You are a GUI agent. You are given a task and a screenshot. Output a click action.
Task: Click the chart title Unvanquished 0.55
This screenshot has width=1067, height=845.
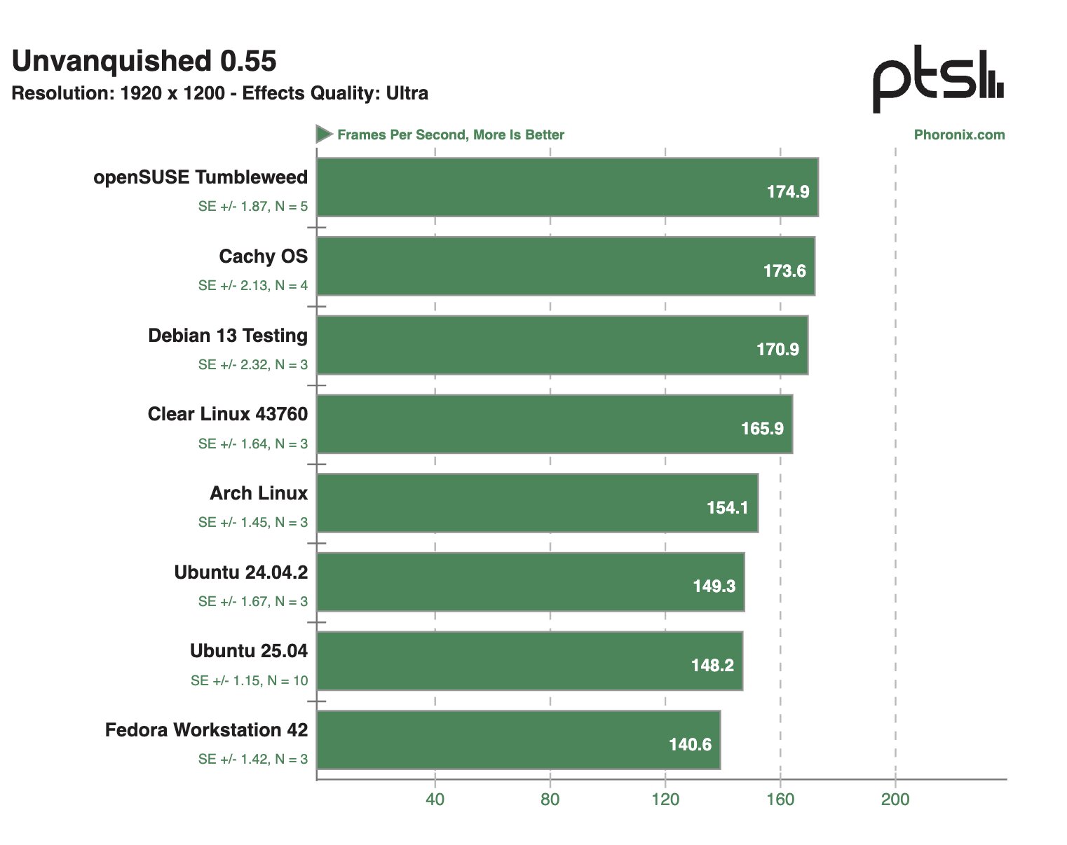144,62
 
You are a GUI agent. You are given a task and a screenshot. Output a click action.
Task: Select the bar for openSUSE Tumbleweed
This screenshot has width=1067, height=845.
566,187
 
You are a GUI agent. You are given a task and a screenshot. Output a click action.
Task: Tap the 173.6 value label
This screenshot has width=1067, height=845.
784,271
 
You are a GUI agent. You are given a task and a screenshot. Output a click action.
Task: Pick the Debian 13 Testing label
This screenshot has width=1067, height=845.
228,336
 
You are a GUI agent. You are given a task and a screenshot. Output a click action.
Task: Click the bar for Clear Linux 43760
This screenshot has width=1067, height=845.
554,424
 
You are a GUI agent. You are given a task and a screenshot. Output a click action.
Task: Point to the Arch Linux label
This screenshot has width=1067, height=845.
259,493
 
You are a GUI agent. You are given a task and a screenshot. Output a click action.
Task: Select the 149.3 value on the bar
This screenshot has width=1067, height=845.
714,586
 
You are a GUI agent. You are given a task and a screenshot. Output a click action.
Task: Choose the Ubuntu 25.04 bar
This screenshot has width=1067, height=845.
529,661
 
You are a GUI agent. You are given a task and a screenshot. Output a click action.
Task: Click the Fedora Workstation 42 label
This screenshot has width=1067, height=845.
207,730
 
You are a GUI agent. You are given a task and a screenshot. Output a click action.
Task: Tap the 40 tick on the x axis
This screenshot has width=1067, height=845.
435,799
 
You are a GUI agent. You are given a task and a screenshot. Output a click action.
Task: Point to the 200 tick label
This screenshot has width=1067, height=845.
895,799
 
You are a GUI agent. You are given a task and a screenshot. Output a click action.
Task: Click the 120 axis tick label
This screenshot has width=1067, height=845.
665,799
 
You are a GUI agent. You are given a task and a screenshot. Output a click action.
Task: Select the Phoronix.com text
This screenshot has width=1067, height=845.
959,135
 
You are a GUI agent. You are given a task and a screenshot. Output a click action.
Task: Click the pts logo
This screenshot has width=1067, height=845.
937,81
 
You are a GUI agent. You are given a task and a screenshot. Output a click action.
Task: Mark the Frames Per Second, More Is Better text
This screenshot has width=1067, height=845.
451,135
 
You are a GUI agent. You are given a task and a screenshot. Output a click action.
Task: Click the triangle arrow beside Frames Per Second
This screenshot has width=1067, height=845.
323,134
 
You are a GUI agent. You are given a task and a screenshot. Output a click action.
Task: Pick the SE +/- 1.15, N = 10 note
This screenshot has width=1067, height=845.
249,680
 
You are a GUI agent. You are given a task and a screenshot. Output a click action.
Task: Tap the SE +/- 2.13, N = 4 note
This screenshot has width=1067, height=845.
252,285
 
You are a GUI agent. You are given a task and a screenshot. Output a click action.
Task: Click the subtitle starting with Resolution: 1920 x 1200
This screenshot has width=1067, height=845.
220,94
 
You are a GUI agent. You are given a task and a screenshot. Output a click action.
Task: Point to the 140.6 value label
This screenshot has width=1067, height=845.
690,745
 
